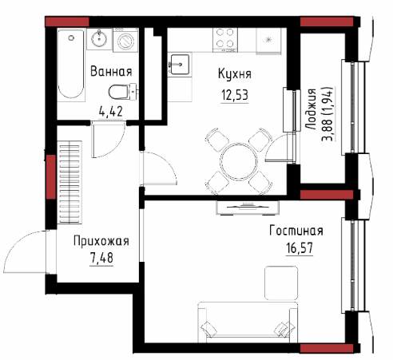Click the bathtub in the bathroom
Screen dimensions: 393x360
(71, 65)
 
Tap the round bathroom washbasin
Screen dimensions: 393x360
(99, 39)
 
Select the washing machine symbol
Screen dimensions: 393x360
(125, 40)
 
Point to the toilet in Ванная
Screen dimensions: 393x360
(122, 91)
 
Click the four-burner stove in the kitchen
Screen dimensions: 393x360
(225, 39)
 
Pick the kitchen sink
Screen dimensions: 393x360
(180, 64)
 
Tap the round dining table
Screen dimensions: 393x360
(239, 161)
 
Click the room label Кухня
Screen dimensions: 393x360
(235, 73)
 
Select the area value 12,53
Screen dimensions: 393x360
(235, 95)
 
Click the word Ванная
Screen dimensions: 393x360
(111, 71)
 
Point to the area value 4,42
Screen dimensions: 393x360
(111, 111)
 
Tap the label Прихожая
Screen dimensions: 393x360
(101, 241)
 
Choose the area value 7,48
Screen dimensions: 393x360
(101, 258)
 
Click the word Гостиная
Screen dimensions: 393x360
(296, 231)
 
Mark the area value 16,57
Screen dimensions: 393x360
(300, 247)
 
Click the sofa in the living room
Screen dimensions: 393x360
(248, 322)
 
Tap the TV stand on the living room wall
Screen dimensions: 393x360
(248, 208)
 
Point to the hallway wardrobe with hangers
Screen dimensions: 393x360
(69, 182)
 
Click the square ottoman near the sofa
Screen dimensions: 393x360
(281, 283)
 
